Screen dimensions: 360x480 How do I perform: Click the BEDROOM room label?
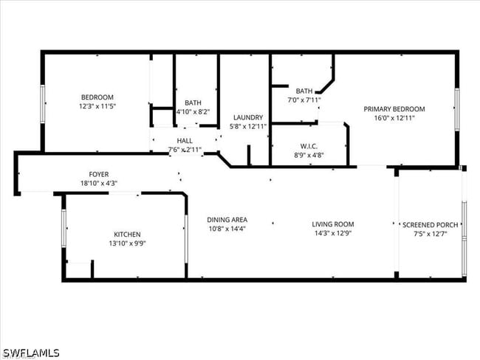[x=97, y=97]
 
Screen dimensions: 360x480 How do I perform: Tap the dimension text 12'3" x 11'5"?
[x=97, y=106]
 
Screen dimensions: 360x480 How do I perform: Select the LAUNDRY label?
[x=248, y=117]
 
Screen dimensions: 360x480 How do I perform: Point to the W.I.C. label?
[x=309, y=146]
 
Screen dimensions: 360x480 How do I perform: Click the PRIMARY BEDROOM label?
[x=394, y=108]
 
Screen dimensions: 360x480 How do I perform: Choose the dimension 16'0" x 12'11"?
[x=394, y=117]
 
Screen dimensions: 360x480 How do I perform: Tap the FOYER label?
[x=99, y=174]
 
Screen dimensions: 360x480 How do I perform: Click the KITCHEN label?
[x=127, y=235]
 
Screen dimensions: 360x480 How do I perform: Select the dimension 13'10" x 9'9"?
[x=127, y=243]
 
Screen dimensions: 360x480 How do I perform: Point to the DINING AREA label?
[x=227, y=219]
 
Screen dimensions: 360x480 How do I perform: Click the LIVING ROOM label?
[x=333, y=224]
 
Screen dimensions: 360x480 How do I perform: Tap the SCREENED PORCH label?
[x=430, y=225]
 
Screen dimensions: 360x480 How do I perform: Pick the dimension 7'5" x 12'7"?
[x=430, y=234]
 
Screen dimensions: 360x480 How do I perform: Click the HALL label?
[x=185, y=140]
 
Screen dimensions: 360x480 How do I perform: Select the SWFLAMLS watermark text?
[x=31, y=353]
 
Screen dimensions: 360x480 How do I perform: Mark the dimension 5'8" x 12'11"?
[x=248, y=126]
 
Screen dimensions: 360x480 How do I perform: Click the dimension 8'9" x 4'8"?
[x=309, y=155]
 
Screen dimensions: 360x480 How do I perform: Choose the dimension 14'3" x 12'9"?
[x=333, y=233]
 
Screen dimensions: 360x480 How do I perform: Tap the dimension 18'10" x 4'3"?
[x=99, y=183]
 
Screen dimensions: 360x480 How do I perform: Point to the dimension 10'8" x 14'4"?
[x=227, y=228]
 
